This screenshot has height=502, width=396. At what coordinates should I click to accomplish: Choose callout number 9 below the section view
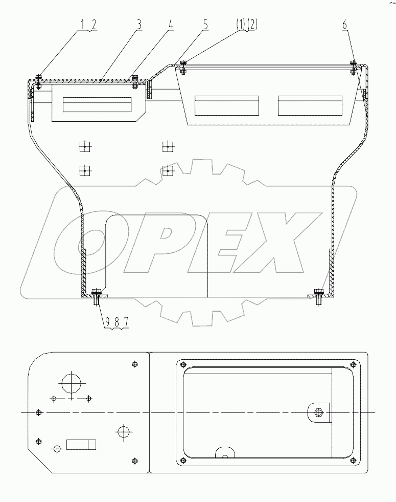[107, 322]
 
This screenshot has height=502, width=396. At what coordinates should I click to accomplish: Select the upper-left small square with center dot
[84, 147]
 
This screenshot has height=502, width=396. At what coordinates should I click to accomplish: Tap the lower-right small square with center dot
[167, 169]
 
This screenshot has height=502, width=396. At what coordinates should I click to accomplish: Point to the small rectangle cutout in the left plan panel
[82, 444]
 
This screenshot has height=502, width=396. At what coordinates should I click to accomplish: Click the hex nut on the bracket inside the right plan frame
[319, 412]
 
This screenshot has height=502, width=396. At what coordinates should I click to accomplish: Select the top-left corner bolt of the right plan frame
[182, 364]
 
